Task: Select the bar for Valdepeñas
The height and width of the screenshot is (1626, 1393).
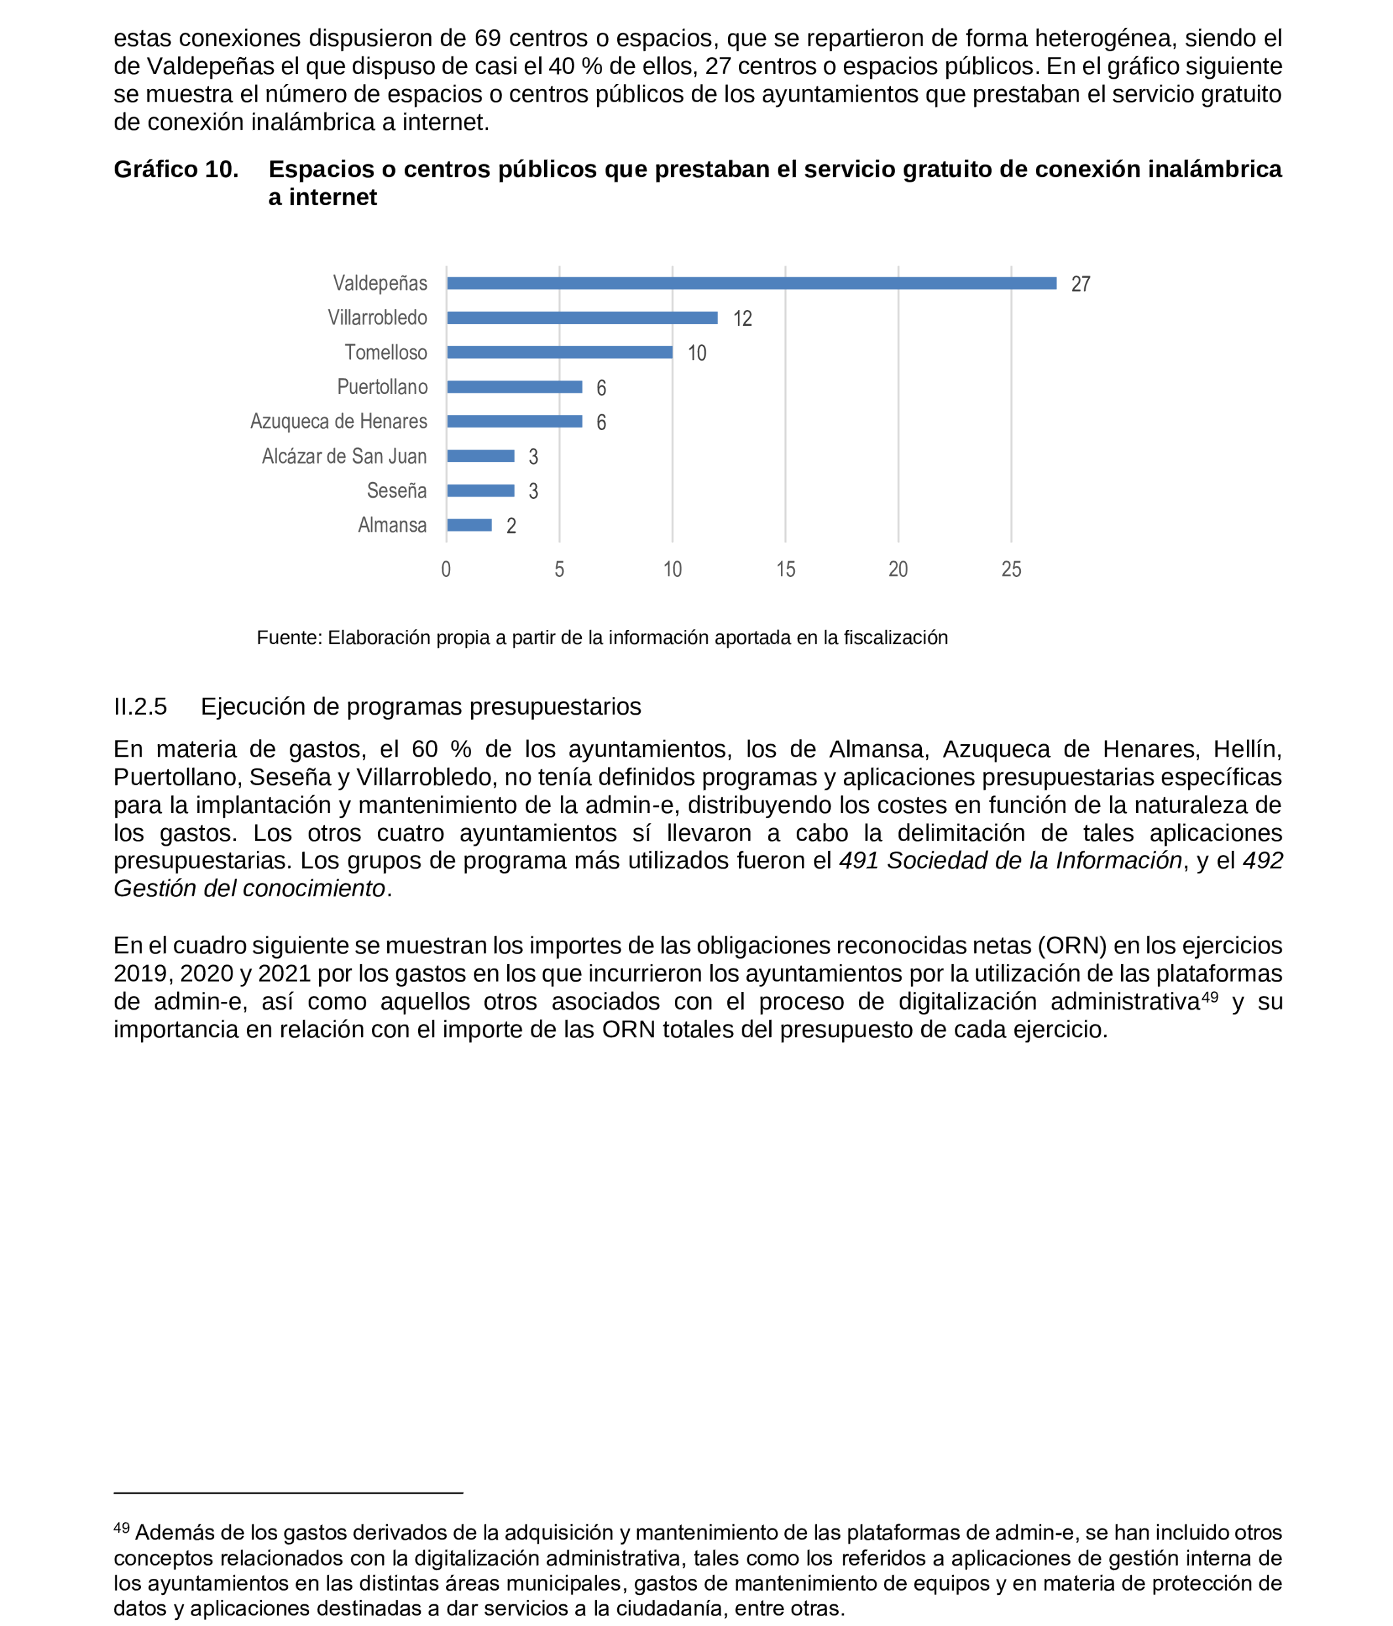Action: coord(751,283)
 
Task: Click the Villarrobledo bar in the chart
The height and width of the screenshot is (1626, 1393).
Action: coord(582,318)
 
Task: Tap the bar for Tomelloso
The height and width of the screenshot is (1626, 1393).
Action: coord(560,352)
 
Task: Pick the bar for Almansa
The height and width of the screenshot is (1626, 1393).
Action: coord(469,525)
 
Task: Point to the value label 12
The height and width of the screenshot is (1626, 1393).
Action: coord(742,319)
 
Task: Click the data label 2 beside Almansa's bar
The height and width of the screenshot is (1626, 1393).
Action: coord(511,526)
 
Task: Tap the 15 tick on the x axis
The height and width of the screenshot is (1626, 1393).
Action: coord(785,570)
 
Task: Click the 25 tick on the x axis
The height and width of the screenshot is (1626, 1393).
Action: coord(1011,570)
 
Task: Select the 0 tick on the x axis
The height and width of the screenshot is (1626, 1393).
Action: coord(446,570)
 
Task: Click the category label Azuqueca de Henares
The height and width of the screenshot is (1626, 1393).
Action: coord(338,422)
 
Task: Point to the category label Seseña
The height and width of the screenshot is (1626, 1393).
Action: coord(396,490)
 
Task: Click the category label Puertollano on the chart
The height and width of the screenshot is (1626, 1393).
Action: coord(382,387)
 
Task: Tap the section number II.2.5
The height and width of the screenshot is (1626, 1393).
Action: coord(140,706)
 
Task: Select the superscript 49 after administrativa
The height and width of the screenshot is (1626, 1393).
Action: coord(1210,997)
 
